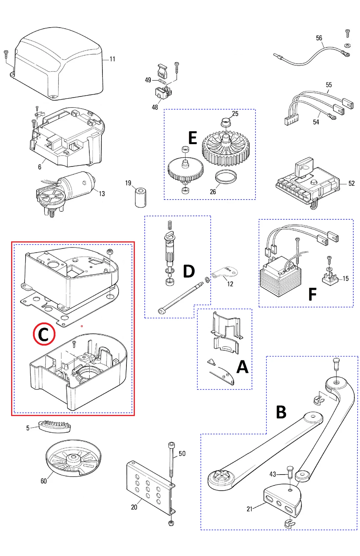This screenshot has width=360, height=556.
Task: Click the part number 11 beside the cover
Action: coord(112,59)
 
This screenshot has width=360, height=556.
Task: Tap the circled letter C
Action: coord(44,334)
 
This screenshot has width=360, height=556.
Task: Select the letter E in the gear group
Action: coord(192,138)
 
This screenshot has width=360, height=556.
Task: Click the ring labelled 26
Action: coord(226,177)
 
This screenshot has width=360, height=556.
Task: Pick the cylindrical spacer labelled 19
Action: coord(141,198)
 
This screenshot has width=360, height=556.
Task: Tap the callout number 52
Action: coord(351,183)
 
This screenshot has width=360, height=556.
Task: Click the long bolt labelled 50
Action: coord(171,460)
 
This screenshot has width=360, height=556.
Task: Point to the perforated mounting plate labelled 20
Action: coord(150,486)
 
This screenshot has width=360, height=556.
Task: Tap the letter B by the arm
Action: coord(281,412)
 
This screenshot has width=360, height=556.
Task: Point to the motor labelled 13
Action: coord(69,189)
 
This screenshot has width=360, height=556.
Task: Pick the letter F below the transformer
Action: coord(312,294)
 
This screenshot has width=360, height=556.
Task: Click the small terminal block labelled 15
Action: coord(330,279)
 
